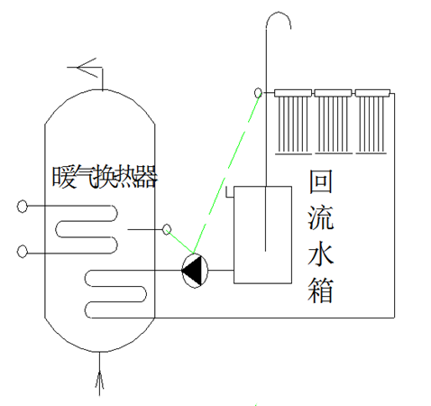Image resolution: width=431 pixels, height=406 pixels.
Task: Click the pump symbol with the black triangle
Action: [195, 271]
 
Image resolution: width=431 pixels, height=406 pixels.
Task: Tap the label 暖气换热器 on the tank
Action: [105, 178]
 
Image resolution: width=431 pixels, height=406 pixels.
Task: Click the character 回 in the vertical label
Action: [321, 181]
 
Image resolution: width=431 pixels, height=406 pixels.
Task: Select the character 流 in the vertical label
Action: [321, 217]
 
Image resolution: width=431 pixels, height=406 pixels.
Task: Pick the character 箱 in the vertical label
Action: [321, 290]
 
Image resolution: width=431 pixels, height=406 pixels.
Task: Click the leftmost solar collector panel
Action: [293, 122]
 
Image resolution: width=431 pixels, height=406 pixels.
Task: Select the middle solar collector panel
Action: [333, 122]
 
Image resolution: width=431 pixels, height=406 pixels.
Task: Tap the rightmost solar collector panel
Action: [372, 122]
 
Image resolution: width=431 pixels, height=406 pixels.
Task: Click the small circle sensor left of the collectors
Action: [258, 93]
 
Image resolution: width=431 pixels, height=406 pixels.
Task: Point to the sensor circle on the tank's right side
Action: [167, 229]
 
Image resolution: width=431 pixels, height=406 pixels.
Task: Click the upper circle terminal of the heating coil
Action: [22, 207]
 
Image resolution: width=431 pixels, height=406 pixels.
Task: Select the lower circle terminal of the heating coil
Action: [22, 252]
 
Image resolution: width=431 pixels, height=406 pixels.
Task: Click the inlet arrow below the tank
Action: [99, 373]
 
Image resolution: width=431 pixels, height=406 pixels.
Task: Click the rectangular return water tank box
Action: [262, 235]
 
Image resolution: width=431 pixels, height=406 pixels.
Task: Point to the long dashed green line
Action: [227, 171]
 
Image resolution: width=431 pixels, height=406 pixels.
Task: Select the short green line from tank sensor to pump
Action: [180, 242]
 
